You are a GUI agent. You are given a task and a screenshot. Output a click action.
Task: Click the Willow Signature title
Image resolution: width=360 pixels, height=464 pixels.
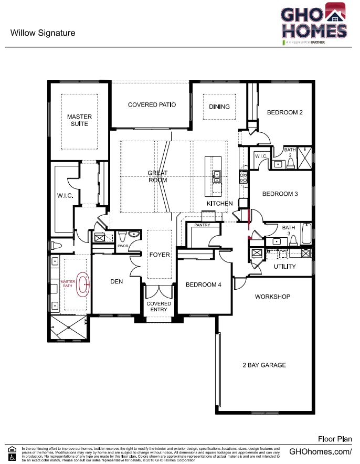[x=43, y=33]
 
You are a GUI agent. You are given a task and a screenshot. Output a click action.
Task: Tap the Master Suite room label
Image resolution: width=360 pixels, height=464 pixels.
[x=79, y=120]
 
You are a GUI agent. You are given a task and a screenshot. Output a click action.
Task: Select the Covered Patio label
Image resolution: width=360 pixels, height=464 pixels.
[x=152, y=104]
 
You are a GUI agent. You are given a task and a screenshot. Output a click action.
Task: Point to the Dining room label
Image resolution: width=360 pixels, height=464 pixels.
[x=219, y=107]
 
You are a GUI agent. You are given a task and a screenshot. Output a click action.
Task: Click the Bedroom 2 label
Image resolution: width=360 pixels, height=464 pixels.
[x=284, y=112]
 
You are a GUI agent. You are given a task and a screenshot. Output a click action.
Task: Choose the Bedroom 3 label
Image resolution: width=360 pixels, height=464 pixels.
[x=280, y=194]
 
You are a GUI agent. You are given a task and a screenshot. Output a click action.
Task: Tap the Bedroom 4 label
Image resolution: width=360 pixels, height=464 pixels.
[x=204, y=284]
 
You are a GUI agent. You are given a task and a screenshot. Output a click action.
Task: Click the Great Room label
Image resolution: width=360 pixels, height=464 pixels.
[x=157, y=176]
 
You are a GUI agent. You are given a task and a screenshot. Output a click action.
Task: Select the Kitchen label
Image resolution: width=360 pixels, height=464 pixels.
[x=219, y=203]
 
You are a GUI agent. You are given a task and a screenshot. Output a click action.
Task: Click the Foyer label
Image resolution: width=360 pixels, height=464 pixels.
[x=160, y=255]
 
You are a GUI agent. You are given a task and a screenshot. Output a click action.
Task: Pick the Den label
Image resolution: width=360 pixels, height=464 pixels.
[x=117, y=282]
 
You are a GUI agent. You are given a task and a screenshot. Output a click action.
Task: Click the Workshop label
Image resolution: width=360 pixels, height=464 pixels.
[x=272, y=297]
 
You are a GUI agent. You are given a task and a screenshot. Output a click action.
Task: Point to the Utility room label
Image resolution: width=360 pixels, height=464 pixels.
[x=285, y=267]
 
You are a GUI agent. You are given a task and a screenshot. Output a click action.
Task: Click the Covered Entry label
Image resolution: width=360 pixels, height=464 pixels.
[x=158, y=307]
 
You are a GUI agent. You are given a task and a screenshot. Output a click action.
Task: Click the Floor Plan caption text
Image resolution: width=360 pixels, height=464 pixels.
[x=335, y=438]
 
